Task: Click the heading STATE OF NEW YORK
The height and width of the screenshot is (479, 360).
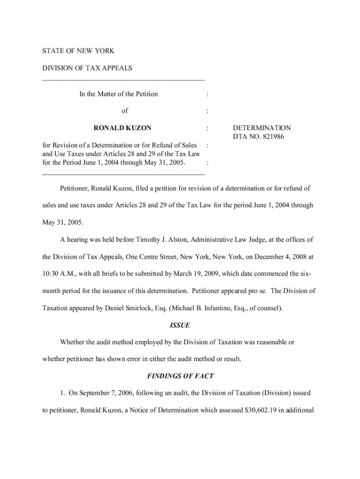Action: (78, 51)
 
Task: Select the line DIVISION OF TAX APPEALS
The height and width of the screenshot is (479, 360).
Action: (87, 68)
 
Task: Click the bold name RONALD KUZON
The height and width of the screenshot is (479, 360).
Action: (122, 128)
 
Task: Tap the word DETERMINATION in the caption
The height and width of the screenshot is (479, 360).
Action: (262, 128)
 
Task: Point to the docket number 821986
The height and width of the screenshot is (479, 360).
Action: (271, 137)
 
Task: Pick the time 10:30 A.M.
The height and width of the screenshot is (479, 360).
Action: (57, 274)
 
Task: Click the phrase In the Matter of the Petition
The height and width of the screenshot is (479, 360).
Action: (118, 94)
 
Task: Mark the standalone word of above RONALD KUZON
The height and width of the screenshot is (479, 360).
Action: (124, 111)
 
